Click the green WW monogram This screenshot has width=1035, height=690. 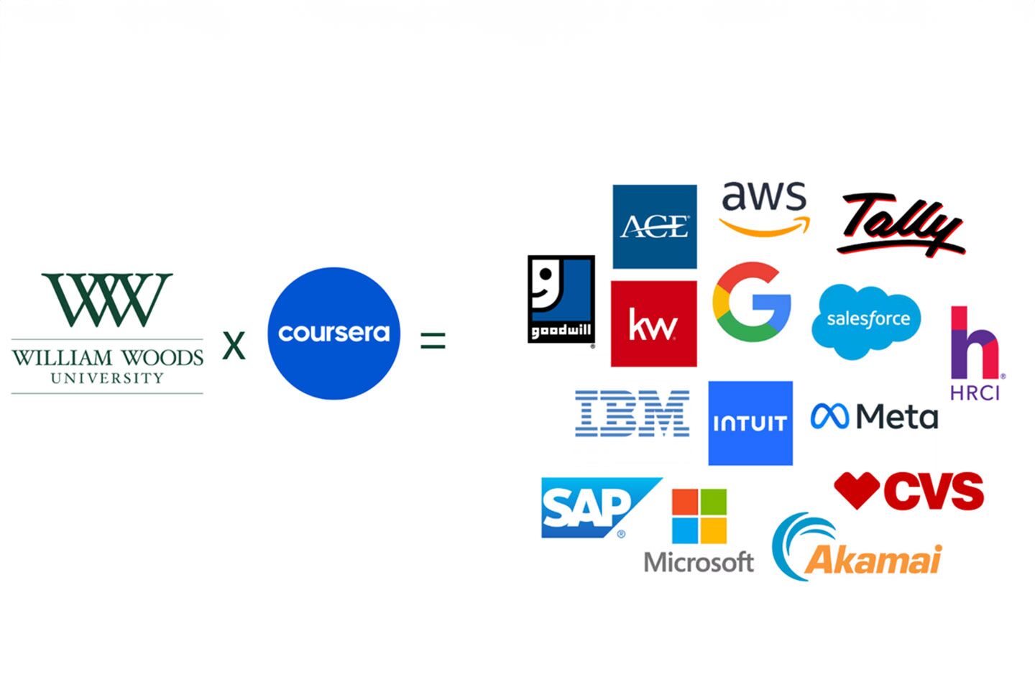click(107, 299)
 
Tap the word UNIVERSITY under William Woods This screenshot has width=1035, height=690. click(107, 378)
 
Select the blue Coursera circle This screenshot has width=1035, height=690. click(333, 333)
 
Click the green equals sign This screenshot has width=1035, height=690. click(433, 340)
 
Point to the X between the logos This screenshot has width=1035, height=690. click(234, 345)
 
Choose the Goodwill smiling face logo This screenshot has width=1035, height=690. click(561, 298)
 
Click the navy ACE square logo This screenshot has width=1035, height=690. click(654, 226)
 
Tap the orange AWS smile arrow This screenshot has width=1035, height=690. click(764, 228)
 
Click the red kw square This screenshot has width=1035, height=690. click(653, 323)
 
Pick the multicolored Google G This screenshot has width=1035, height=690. click(752, 302)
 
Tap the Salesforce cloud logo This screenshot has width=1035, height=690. click(867, 321)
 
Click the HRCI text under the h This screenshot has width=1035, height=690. click(975, 392)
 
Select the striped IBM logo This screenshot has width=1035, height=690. click(632, 413)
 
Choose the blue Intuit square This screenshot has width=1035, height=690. click(750, 423)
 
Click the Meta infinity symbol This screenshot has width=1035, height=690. click(829, 416)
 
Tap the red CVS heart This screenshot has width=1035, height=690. click(857, 489)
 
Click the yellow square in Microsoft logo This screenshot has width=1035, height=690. click(714, 531)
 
